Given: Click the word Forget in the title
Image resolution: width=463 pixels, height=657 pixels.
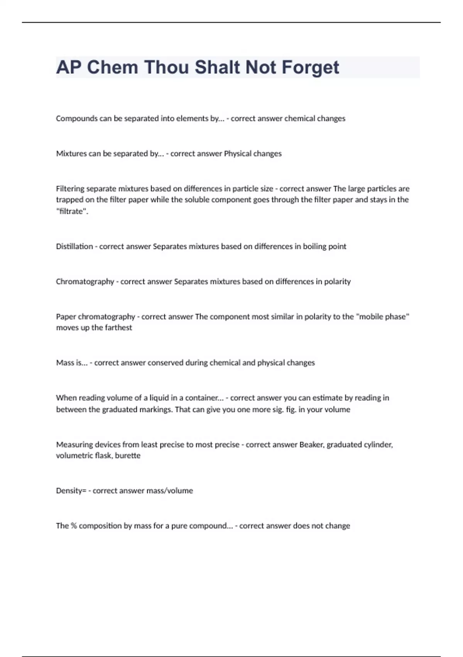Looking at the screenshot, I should [310, 67].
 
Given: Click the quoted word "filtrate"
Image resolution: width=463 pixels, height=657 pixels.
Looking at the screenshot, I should [72, 211].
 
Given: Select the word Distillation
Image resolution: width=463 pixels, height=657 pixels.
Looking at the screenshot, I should [74, 247].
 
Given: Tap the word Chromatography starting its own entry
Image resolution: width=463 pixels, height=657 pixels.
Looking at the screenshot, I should [85, 282].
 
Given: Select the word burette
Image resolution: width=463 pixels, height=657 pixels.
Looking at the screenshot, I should [128, 456].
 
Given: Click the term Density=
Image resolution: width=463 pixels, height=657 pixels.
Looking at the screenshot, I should [71, 491].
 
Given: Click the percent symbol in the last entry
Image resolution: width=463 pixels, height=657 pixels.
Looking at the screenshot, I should [74, 526].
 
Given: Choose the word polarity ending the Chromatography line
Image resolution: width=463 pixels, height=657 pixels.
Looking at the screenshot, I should [337, 282].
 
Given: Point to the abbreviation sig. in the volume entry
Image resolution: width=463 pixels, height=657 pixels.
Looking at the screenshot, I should [278, 410].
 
